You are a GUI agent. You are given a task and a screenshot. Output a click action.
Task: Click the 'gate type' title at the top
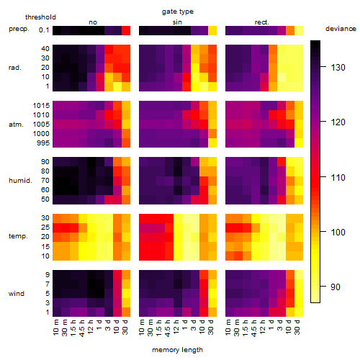[178, 12]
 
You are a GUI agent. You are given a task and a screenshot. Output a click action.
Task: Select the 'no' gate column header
[93, 22]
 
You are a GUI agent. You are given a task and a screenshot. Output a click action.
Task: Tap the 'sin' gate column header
[177, 22]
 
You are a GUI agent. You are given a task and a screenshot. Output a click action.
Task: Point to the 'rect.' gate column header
[261, 22]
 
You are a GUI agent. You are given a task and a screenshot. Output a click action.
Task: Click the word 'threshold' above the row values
[40, 17]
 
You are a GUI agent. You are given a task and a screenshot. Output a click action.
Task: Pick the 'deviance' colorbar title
[341, 29]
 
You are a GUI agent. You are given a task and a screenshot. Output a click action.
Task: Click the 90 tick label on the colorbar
[336, 287]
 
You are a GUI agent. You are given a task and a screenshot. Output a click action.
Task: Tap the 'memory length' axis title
[177, 350]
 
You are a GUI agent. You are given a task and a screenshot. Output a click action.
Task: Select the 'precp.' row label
[19, 29]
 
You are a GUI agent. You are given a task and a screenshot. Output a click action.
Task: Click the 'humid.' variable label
[20, 181]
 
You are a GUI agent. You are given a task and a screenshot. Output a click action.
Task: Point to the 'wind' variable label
[17, 294]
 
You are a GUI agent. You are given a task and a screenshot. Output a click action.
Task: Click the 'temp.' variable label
[18, 236]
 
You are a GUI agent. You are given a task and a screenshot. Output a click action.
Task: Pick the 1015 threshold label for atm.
[41, 106]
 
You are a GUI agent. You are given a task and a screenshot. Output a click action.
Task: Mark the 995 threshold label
[43, 143]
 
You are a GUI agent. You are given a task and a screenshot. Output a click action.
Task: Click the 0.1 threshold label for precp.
[44, 30]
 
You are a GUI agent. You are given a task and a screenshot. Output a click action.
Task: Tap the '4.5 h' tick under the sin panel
[168, 328]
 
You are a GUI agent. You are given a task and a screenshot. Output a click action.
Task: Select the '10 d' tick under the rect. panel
[289, 327]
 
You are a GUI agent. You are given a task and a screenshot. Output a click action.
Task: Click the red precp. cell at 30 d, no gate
[126, 30]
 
